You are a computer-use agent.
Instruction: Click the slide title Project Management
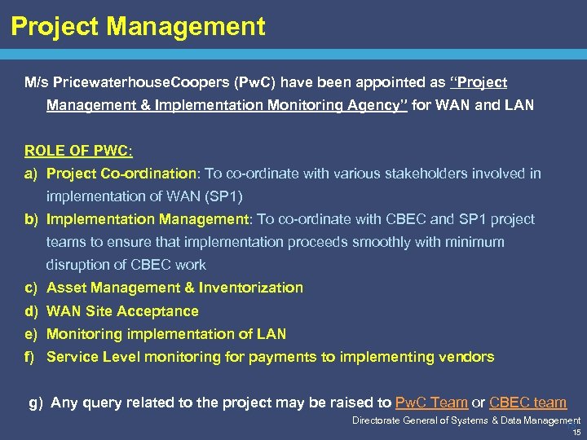[138, 27]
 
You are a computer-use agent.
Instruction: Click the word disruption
[79, 265]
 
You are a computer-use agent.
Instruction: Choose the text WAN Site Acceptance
[122, 311]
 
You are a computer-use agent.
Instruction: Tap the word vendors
[466, 357]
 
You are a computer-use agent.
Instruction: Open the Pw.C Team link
[431, 403]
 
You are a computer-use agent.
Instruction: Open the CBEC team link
[527, 403]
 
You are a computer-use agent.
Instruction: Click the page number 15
[576, 433]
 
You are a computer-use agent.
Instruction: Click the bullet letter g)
[36, 403]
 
